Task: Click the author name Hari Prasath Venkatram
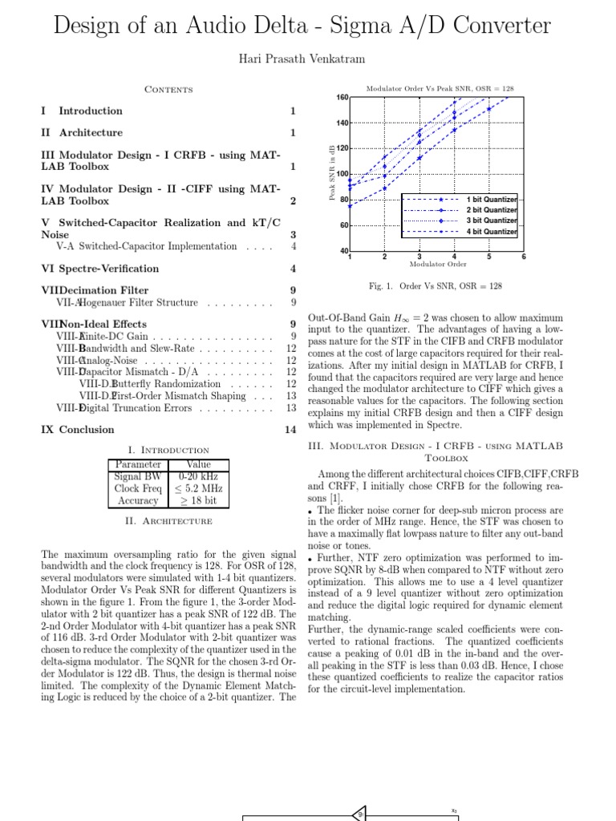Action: pyautogui.click(x=307, y=59)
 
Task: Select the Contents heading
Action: pyautogui.click(x=168, y=89)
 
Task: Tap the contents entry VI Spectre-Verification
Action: pyautogui.click(x=100, y=269)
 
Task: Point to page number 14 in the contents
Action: pyautogui.click(x=290, y=430)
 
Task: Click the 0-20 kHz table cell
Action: pyautogui.click(x=198, y=476)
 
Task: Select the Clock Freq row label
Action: pyautogui.click(x=138, y=488)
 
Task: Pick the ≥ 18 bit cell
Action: pyautogui.click(x=198, y=500)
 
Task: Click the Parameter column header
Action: pyautogui.click(x=138, y=464)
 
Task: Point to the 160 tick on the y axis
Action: pyautogui.click(x=342, y=98)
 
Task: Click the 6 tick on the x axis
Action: pyautogui.click(x=523, y=257)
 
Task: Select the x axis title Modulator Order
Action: pyautogui.click(x=438, y=264)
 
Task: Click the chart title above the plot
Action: pyautogui.click(x=439, y=89)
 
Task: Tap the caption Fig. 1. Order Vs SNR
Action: pyautogui.click(x=435, y=286)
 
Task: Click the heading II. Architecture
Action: pyautogui.click(x=168, y=521)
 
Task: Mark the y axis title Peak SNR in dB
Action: pyautogui.click(x=331, y=173)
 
